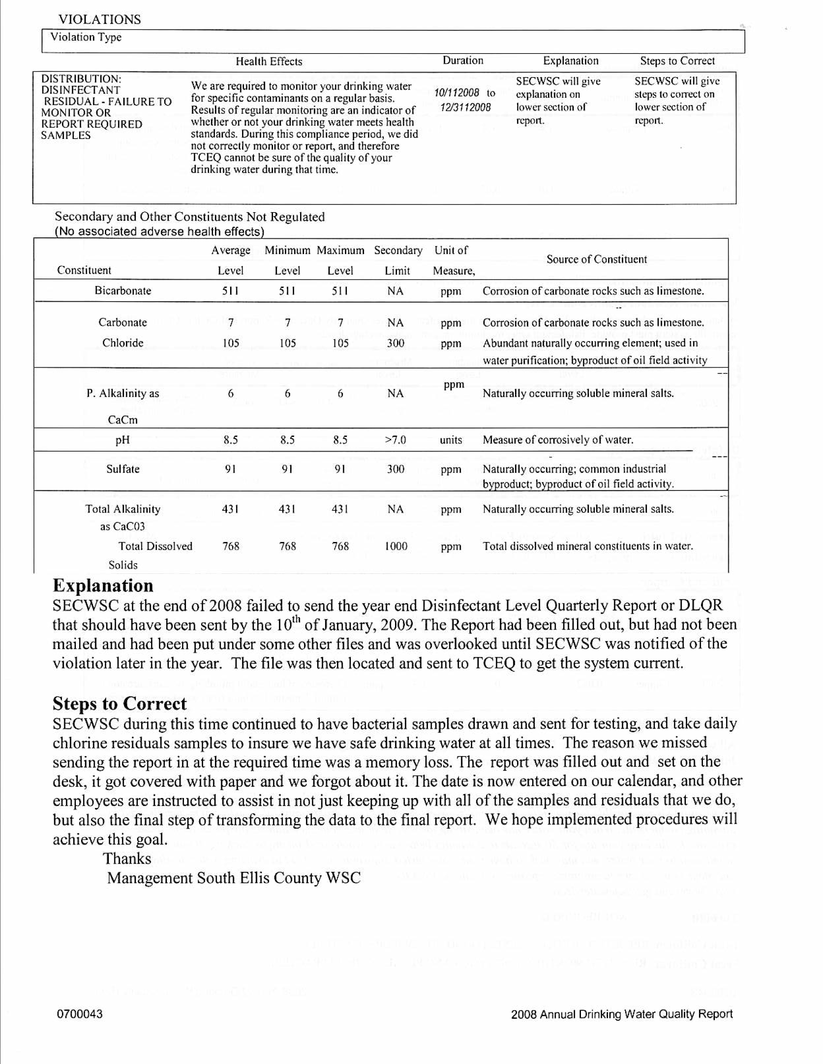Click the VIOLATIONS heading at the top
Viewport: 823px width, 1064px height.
[99, 19]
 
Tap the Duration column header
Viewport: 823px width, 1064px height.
[463, 60]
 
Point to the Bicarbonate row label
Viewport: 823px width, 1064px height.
[123, 291]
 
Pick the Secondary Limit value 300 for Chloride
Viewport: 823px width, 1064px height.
[395, 343]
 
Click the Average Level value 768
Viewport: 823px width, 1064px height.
[231, 546]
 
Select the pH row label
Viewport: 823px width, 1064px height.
[122, 440]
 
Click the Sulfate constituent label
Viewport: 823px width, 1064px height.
[123, 469]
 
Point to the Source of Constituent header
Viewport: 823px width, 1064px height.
[596, 259]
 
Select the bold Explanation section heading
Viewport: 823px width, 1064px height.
[103, 585]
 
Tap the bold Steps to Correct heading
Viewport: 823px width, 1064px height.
[119, 704]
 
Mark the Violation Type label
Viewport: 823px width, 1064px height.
[86, 37]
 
